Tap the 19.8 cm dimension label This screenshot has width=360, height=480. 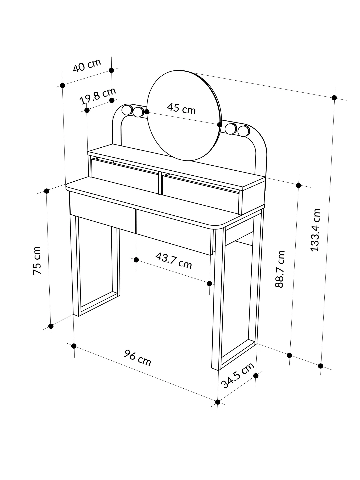98,96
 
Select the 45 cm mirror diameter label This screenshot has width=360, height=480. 181,108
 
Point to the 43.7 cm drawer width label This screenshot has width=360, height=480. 174,260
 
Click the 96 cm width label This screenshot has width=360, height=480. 138,358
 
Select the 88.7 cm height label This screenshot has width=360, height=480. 280,269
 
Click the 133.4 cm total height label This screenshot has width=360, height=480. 315,230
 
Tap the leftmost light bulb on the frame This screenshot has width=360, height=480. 127,110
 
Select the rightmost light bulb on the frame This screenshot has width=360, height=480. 244,131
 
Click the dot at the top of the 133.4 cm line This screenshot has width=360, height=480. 334,98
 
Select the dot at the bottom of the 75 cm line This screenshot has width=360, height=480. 51,326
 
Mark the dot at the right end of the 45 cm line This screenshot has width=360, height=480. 220,125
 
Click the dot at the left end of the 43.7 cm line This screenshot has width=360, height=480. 136,259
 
